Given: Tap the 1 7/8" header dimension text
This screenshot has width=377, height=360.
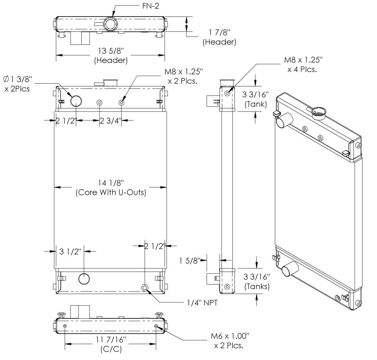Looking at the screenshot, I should pyautogui.click(x=219, y=38).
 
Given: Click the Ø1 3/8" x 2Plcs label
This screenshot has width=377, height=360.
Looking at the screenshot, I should pyautogui.click(x=22, y=83).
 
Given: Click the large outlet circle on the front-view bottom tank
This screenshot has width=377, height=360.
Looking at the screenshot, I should pyautogui.click(x=85, y=279).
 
